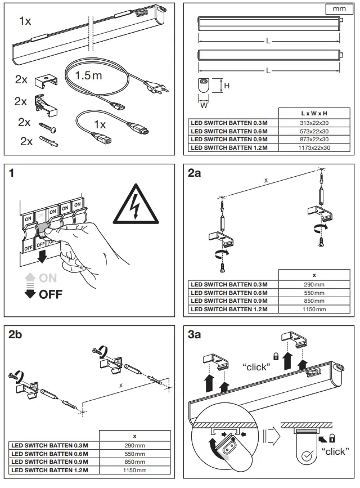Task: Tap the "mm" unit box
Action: click(x=339, y=10)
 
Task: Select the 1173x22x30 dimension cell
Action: click(x=314, y=147)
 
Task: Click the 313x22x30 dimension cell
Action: click(x=314, y=122)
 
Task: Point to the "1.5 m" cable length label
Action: click(x=88, y=75)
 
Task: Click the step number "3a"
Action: click(x=194, y=335)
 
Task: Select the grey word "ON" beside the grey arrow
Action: click(x=48, y=278)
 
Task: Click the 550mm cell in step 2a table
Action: click(x=314, y=293)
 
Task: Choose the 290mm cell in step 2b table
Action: click(x=134, y=445)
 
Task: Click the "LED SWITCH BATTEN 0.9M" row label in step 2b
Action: click(x=51, y=462)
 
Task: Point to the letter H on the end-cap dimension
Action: click(x=227, y=86)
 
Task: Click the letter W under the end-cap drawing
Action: click(x=204, y=104)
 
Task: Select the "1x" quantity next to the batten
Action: click(x=25, y=21)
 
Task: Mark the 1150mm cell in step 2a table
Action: click(x=314, y=309)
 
